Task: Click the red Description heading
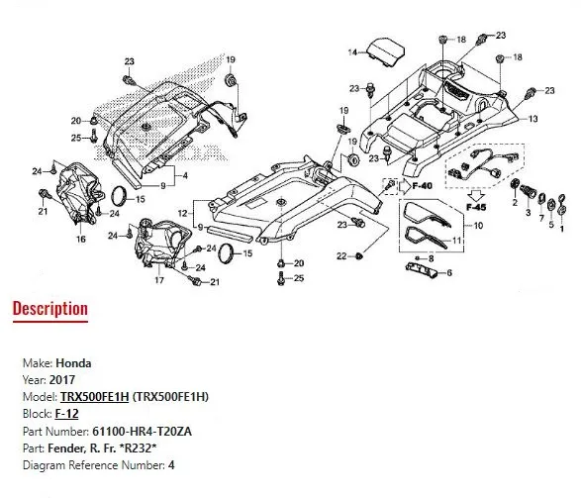click(49, 309)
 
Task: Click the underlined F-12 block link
click(66, 413)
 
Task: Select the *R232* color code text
click(149, 447)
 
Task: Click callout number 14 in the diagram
click(350, 51)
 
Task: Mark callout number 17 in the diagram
click(157, 281)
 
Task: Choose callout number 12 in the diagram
click(182, 213)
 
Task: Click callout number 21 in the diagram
click(43, 212)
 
